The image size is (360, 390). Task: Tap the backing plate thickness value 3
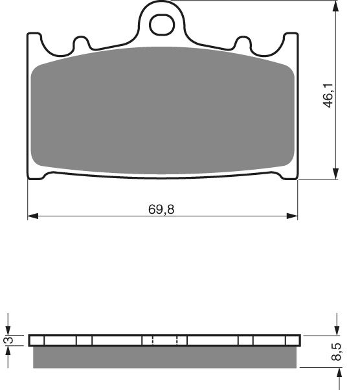click(8, 341)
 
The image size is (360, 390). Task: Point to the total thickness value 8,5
click(336, 353)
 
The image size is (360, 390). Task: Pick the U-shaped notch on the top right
click(244, 45)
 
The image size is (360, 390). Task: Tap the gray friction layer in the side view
click(164, 356)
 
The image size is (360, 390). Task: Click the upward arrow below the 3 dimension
click(8, 354)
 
